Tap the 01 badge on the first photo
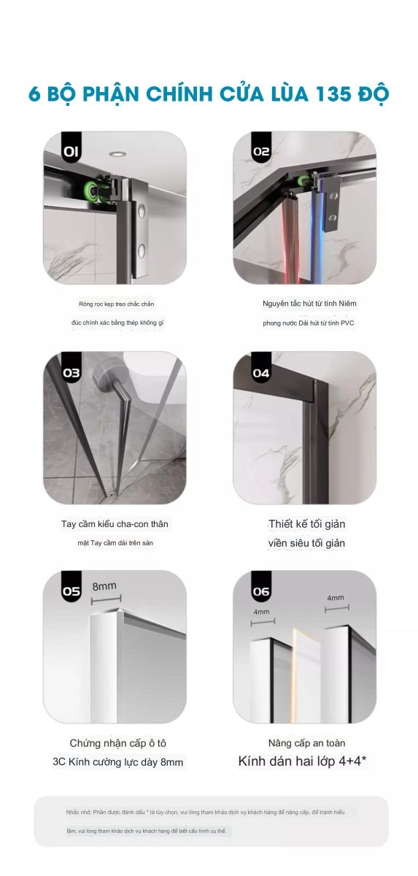(71, 153)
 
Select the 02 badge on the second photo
(261, 153)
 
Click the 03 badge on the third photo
(71, 372)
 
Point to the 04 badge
(261, 372)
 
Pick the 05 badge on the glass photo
(71, 591)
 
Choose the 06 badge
(261, 591)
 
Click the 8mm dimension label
(104, 586)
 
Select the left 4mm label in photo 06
(262, 611)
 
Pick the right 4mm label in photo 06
(336, 598)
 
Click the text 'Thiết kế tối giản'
(306, 524)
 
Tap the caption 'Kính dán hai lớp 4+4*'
(302, 761)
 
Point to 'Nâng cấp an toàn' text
(306, 743)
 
